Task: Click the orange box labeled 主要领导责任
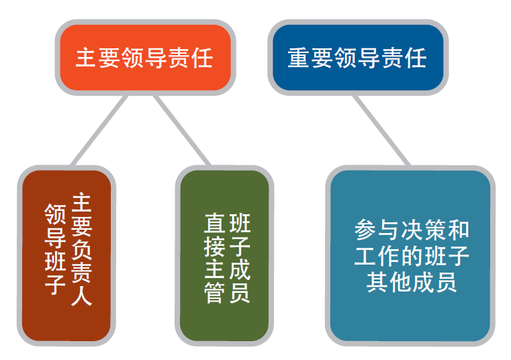coord(145,57)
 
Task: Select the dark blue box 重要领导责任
coord(358,57)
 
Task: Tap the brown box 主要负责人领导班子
coord(66,256)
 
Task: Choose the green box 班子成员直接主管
coord(224,256)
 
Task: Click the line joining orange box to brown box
coord(99,130)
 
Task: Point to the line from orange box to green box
coord(183,130)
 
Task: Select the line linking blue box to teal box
coord(381,130)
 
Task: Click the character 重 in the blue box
coord(299,58)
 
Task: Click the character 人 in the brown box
coord(81,296)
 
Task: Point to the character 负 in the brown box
coord(81,249)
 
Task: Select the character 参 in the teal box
coord(365,230)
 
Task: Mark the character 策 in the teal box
coord(435,230)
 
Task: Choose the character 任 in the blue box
coord(416,58)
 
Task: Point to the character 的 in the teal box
coord(412,256)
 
